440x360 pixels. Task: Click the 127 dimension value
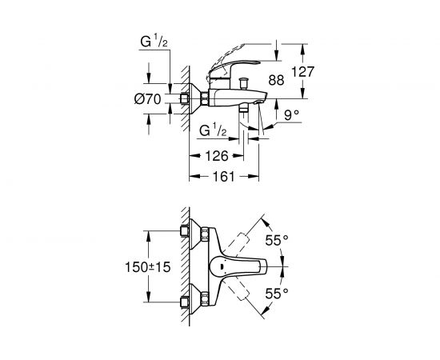[x=302, y=72]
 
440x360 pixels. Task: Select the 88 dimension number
[x=276, y=80]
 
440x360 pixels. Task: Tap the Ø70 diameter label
[x=148, y=99]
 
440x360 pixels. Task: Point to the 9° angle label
[x=291, y=115]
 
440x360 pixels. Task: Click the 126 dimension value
[x=217, y=156]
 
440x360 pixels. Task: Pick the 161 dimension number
[x=224, y=177]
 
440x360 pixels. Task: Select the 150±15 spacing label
[x=148, y=267]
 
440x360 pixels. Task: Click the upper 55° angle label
[x=277, y=241]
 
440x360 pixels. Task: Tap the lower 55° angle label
[x=277, y=294]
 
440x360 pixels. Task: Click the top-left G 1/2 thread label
[x=154, y=42]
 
